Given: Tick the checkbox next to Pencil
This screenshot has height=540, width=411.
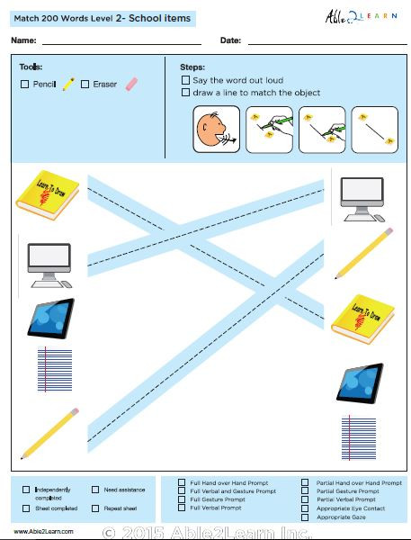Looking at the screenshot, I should click(x=24, y=85).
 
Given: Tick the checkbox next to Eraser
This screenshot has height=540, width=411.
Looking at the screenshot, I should click(x=85, y=85).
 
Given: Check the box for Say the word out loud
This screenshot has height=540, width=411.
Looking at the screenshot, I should click(x=185, y=80).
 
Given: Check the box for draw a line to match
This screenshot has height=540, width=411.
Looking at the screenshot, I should click(x=185, y=92).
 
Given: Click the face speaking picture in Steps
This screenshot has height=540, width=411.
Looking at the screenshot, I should click(x=216, y=129).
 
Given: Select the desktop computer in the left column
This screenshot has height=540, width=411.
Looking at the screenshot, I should click(x=49, y=262).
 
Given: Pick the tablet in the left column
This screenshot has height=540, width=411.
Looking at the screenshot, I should click(x=50, y=319).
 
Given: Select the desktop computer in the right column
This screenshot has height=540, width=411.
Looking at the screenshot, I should click(x=362, y=198).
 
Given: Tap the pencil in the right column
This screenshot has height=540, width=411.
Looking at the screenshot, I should click(x=364, y=253).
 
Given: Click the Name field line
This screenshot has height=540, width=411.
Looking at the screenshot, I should click(x=121, y=41).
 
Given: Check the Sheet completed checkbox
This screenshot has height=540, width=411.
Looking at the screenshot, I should click(x=26, y=508).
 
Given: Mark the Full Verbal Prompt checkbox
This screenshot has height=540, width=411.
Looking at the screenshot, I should click(x=183, y=508).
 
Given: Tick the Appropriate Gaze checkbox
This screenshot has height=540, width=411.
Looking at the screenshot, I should click(x=305, y=517).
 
